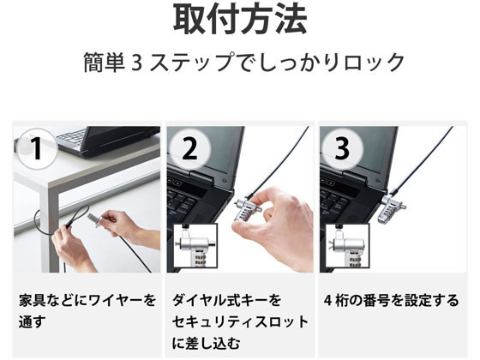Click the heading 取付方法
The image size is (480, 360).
point(240,19)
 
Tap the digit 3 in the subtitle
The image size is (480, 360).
point(137,63)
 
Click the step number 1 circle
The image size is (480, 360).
point(37,149)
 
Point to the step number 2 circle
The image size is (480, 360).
point(190,149)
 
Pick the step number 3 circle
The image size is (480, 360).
point(343,149)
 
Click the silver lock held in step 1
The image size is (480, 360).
point(95,219)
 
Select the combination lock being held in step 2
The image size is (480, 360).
point(248,209)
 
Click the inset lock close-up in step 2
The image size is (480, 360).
point(195,248)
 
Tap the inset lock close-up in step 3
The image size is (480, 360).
point(347,248)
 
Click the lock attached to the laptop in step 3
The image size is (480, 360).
point(393,209)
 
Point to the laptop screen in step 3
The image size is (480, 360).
point(358,151)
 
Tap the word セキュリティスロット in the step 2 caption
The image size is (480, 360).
point(240,322)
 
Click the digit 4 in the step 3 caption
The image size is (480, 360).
point(327,301)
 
